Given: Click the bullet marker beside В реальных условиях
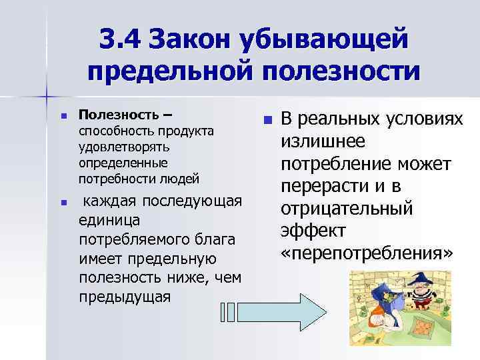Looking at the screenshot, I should pyautogui.click(x=267, y=121).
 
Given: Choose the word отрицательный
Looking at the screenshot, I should pyautogui.click(x=347, y=209).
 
